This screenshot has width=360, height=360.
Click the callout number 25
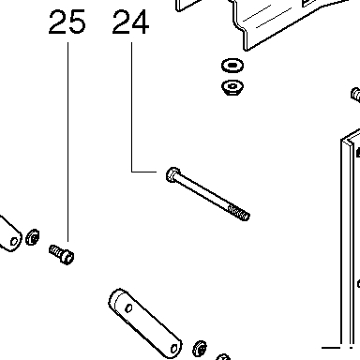point(67,22)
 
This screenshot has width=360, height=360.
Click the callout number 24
point(130,22)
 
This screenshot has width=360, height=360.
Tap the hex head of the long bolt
point(172,175)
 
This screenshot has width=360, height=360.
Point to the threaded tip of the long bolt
point(239,213)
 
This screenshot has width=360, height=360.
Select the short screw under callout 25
point(62,254)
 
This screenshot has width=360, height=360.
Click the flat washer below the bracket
point(232,66)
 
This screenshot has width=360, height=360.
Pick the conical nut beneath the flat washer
point(232,87)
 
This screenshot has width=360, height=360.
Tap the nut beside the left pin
point(33,237)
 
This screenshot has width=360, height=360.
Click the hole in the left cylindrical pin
point(14,242)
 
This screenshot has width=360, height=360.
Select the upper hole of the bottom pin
point(128,308)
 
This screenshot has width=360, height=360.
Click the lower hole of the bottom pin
point(174,349)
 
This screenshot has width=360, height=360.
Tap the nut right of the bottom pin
point(200,349)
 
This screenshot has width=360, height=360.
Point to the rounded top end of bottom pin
point(117,297)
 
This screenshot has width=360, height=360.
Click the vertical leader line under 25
point(68,142)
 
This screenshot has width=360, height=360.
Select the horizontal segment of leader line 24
point(143,172)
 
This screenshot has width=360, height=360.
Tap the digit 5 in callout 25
point(76,22)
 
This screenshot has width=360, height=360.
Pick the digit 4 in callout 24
point(140,22)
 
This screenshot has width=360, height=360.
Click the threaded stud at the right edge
point(355,95)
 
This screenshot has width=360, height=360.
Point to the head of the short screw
point(67,257)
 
